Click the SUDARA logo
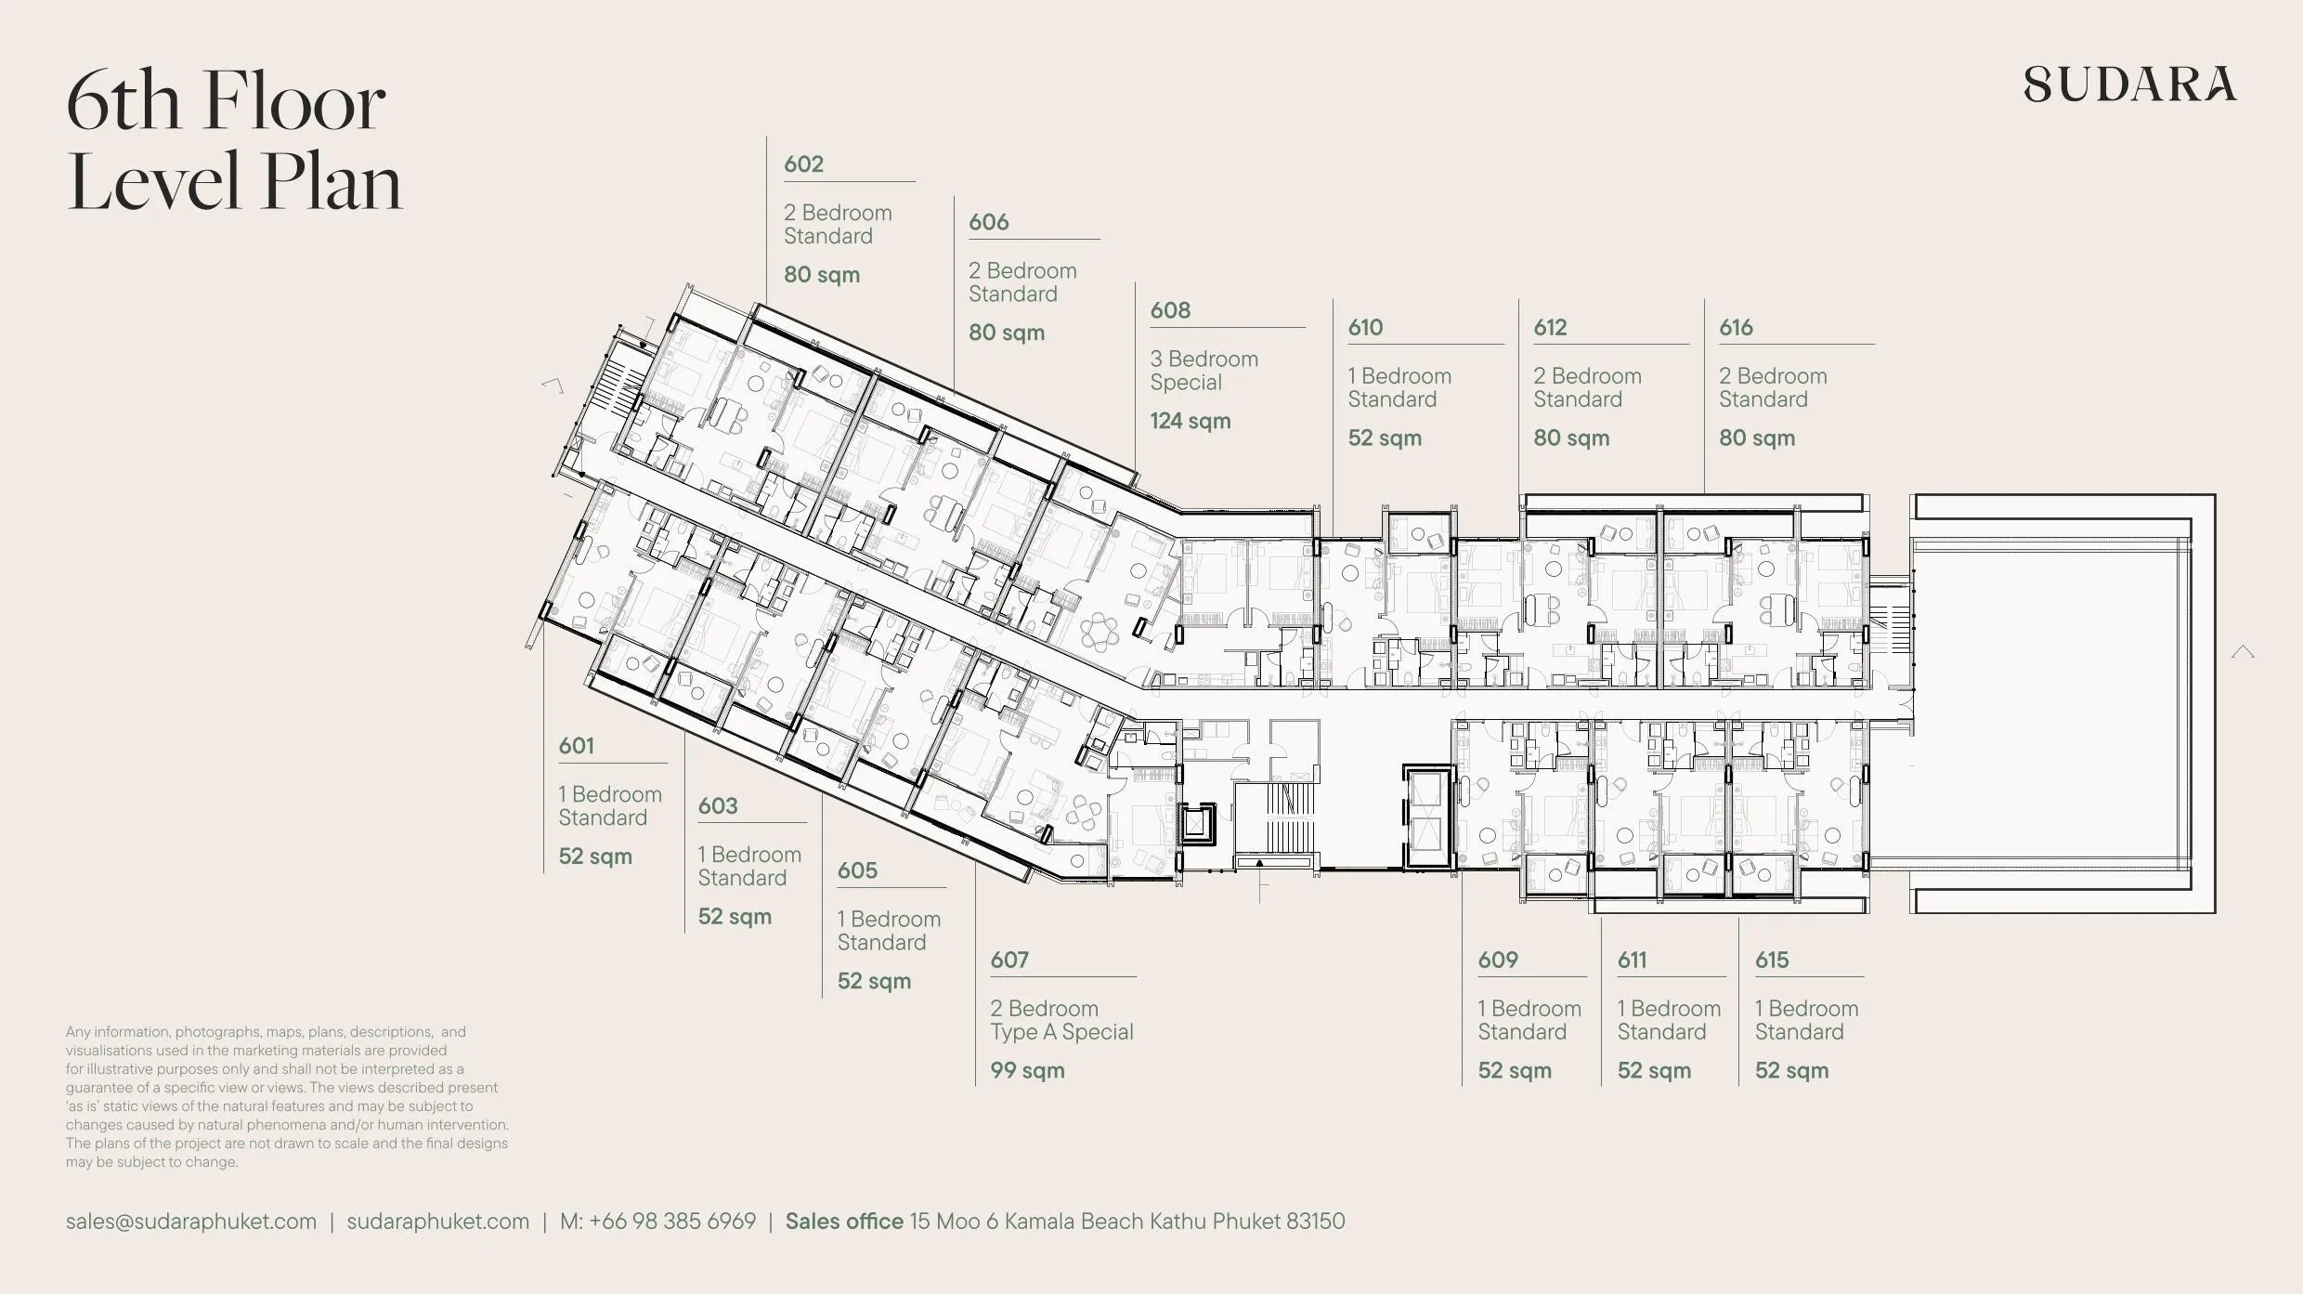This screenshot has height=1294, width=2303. click(x=2130, y=84)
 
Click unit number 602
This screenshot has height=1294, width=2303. click(x=803, y=164)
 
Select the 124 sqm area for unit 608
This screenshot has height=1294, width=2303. click(x=1191, y=421)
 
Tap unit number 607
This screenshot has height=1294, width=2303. click(x=1009, y=961)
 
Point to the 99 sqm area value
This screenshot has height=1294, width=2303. click(x=1027, y=1070)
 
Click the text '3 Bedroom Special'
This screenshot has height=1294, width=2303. click(x=1204, y=371)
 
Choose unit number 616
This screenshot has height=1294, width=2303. click(x=1736, y=328)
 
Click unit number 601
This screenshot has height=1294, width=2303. click(x=576, y=746)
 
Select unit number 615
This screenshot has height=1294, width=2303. click(x=1772, y=961)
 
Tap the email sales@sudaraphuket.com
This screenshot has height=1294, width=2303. click(x=191, y=1222)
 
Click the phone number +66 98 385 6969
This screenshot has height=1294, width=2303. click(x=672, y=1222)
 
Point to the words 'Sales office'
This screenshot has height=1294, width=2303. click(x=844, y=1222)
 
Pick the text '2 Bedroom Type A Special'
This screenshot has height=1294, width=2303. click(x=1061, y=1020)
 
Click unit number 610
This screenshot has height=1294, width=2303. click(x=1365, y=328)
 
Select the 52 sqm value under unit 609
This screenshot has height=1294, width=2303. click(x=1515, y=1070)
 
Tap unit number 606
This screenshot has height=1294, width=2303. click(x=988, y=223)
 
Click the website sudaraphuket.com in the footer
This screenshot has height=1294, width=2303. click(x=438, y=1222)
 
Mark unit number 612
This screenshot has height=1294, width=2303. click(x=1550, y=328)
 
